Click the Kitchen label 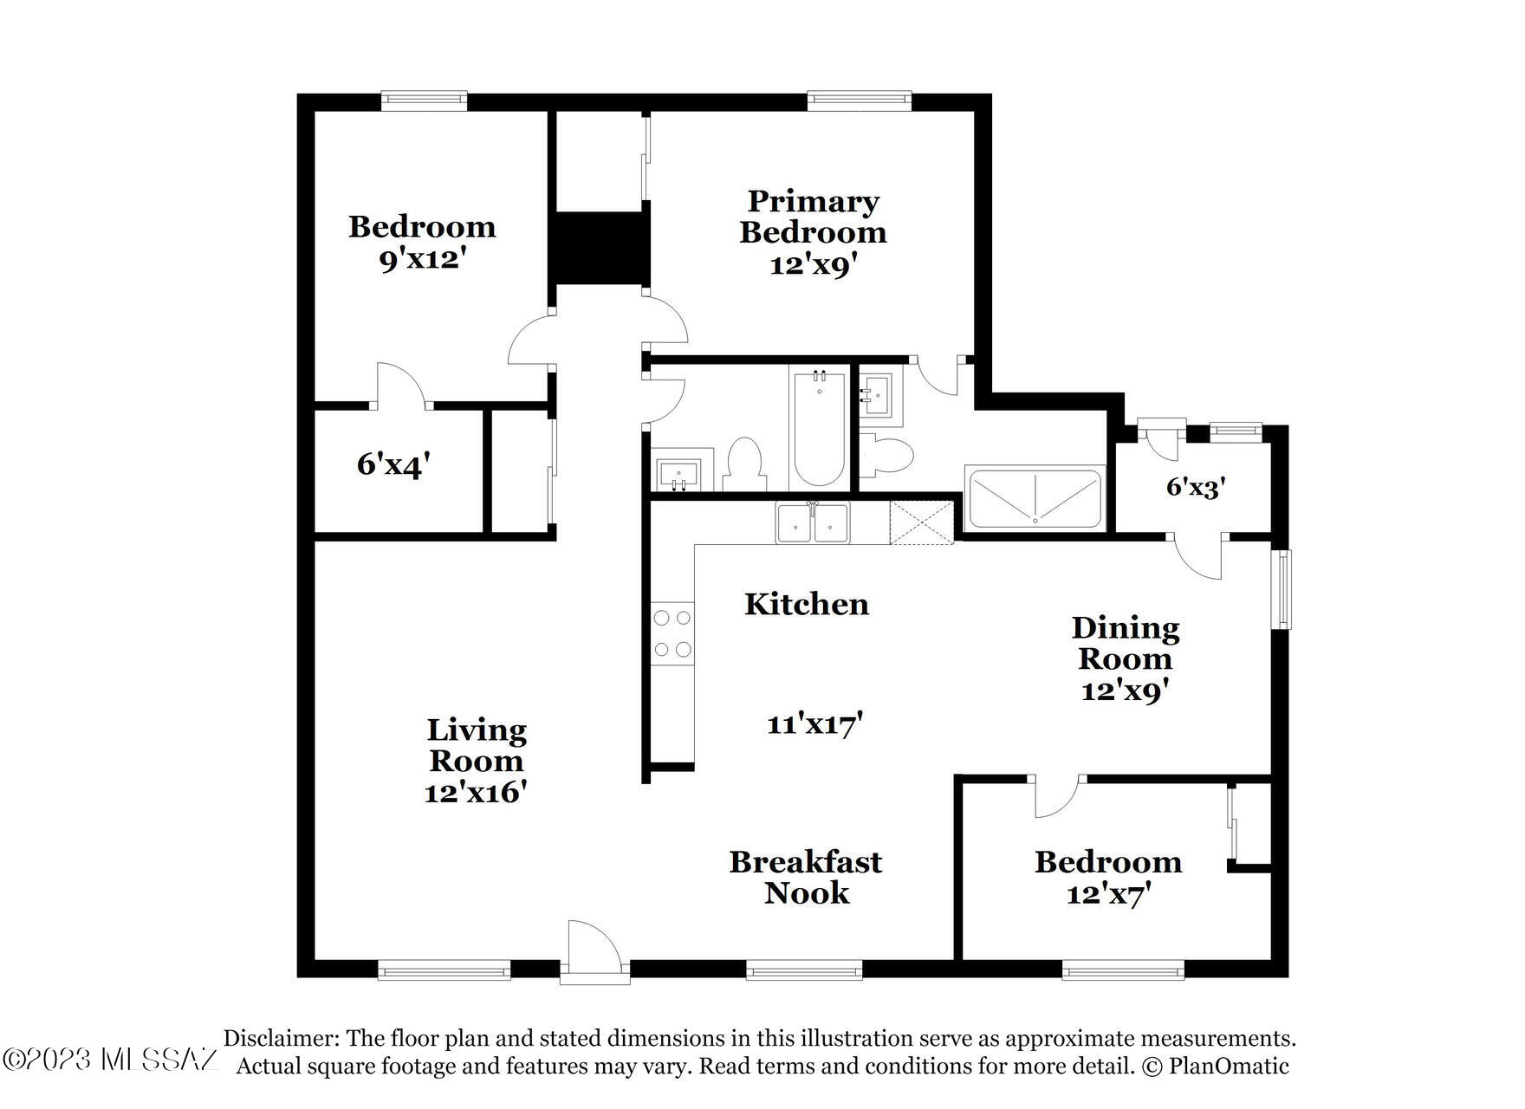pos(807,604)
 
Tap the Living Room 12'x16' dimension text pos(476,792)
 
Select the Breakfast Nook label pos(806,877)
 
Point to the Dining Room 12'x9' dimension pos(1126,691)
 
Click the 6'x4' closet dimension pos(393,465)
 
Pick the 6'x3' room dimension pos(1195,487)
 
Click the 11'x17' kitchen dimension pos(814,723)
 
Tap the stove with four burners pos(673,633)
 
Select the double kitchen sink pos(814,523)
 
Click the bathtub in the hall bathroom pos(819,428)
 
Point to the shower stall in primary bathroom pos(1035,498)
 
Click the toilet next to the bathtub pos(743,465)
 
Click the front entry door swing pos(594,951)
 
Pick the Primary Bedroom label pos(813,217)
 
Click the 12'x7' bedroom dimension pos(1108,893)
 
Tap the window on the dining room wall pos(1281,589)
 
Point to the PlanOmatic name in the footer pos(1229,1066)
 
